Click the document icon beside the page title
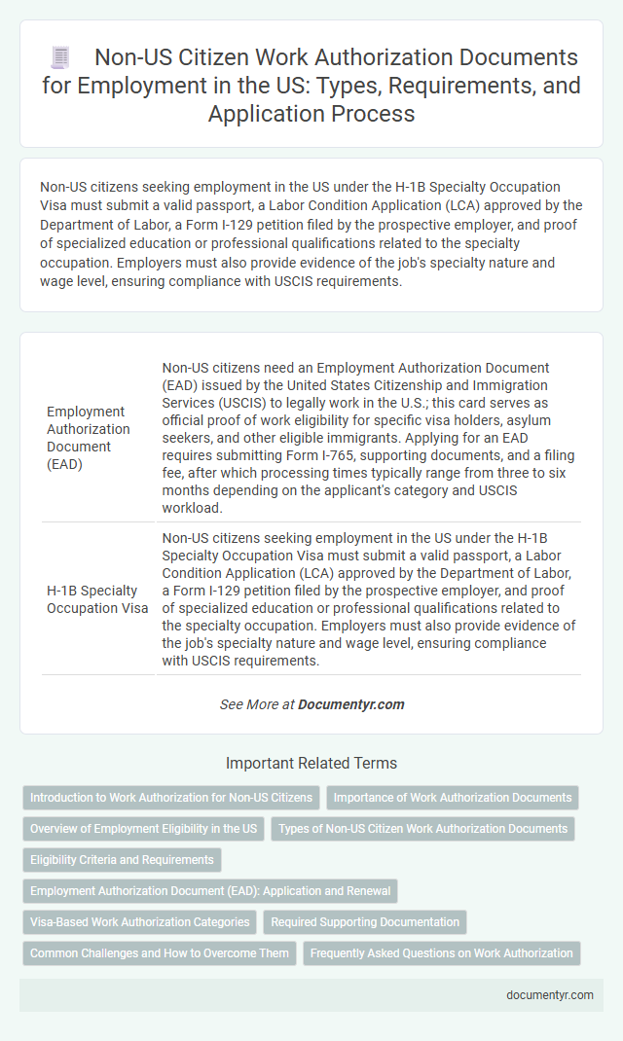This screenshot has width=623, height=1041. click(x=58, y=58)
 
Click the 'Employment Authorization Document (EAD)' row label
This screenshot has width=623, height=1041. click(x=89, y=438)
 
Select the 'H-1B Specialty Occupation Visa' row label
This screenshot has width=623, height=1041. click(x=97, y=598)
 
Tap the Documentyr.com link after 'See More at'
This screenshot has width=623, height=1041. click(x=351, y=703)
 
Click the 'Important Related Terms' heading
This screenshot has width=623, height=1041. click(x=311, y=764)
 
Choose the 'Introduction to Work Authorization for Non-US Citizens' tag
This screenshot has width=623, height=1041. click(x=171, y=798)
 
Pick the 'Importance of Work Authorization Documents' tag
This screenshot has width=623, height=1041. click(x=453, y=798)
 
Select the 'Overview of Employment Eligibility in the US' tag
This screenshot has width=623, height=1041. click(x=143, y=829)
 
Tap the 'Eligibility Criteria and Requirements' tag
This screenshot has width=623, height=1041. click(x=122, y=860)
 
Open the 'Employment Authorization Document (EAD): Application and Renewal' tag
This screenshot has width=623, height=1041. click(x=209, y=891)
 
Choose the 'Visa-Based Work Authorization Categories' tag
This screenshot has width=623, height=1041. click(x=140, y=922)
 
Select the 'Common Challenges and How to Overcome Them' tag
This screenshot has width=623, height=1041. click(x=160, y=953)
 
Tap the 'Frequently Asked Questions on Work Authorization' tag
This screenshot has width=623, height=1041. click(x=441, y=953)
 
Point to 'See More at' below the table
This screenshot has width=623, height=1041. click(x=256, y=703)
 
